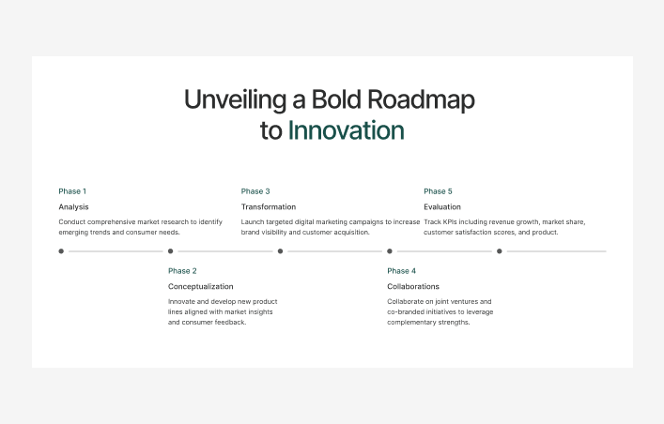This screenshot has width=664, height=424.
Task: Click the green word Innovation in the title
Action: [x=346, y=130]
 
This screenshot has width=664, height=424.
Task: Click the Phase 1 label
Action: [x=72, y=191]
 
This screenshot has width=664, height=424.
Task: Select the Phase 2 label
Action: [x=182, y=271]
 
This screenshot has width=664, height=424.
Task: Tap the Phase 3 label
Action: [x=255, y=191]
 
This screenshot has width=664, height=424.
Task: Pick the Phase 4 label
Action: [x=401, y=271]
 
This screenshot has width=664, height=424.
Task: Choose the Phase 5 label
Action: [x=438, y=191]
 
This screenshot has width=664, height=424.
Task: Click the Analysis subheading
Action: [x=73, y=206]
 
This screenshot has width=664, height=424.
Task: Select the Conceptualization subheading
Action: [x=200, y=286]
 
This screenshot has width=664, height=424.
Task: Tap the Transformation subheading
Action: [x=268, y=206]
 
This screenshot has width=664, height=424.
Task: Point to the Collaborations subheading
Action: [x=412, y=286]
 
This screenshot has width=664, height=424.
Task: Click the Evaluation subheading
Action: [x=442, y=206]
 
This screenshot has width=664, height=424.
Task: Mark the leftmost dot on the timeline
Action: [x=61, y=251]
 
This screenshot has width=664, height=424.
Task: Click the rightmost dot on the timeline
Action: [x=500, y=251]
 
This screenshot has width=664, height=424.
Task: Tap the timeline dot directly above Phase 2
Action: [x=171, y=251]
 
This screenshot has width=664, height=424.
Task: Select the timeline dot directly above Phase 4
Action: [x=390, y=251]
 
